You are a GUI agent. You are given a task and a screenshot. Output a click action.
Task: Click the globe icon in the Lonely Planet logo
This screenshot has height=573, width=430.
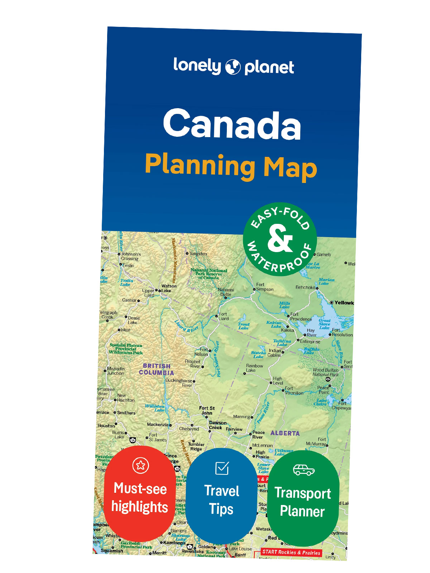click(233, 67)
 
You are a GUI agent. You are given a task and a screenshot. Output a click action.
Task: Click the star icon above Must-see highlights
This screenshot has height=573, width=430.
click(140, 465)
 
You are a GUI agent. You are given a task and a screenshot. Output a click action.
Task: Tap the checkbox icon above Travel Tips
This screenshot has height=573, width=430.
click(222, 468)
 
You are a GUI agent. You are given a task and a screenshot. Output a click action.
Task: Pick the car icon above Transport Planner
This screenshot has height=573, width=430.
click(304, 470)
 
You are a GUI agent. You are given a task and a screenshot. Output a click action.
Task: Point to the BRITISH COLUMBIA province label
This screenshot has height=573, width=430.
click(157, 369)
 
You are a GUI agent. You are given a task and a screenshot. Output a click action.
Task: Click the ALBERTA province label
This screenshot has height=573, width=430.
click(285, 433)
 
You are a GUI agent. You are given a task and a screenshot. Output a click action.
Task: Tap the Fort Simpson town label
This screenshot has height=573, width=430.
click(264, 287)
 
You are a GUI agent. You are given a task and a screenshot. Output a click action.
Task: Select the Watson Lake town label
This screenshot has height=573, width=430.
click(168, 288)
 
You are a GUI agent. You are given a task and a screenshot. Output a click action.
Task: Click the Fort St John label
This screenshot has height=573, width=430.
click(207, 410)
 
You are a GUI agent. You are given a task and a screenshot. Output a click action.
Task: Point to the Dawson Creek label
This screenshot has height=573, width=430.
click(217, 425)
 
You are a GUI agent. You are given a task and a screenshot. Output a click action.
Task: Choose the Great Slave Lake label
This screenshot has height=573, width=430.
click(324, 324)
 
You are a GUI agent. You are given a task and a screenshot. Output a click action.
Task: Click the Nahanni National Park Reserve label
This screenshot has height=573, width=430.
click(209, 274)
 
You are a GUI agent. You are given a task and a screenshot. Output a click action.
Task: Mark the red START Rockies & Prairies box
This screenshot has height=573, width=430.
click(291, 552)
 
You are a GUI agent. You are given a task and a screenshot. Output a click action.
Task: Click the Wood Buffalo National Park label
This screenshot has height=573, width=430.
click(325, 372)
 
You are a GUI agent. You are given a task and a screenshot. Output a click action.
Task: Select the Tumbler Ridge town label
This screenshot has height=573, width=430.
click(196, 447)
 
